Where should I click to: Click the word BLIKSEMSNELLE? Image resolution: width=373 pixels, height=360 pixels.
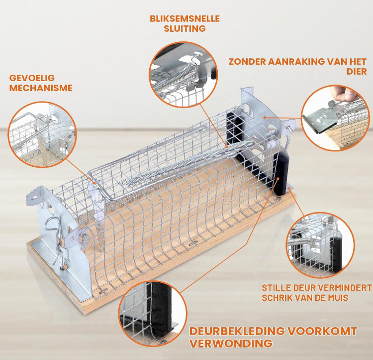185,18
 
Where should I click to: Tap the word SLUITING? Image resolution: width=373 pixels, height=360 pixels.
185,28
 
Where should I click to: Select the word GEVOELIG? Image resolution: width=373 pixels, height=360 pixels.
32,78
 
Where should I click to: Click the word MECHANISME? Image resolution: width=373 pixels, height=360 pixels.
41,88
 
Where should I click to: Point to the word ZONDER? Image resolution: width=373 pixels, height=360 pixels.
247,62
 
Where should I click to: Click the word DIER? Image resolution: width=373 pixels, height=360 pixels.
357,72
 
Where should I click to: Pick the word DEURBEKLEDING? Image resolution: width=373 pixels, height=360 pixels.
237,331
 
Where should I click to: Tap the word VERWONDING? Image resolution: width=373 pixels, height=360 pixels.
231,344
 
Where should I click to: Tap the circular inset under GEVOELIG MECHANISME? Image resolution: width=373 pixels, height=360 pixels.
42,134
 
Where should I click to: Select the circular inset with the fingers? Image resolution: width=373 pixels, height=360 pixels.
335,118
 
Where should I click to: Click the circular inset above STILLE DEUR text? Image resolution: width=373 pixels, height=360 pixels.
320,244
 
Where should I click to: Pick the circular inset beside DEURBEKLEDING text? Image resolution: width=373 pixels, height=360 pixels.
153,314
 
